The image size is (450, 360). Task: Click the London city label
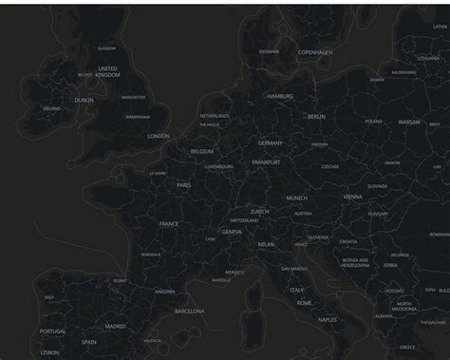(x=159, y=136)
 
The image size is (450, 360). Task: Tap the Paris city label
(x=183, y=185)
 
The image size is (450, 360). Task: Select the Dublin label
(x=84, y=100)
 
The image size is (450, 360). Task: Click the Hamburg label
(x=280, y=96)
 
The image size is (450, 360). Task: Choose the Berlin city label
(x=316, y=116)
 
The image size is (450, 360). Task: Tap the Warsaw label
(x=408, y=123)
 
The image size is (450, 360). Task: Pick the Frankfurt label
(x=266, y=162)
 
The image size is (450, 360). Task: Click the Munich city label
(x=296, y=198)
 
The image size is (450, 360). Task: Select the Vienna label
(x=352, y=197)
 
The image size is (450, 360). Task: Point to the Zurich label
(x=259, y=211)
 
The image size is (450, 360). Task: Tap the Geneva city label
(x=232, y=232)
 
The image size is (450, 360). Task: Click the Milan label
(x=266, y=244)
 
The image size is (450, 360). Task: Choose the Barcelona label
(x=190, y=311)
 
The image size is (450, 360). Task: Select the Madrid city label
(x=115, y=326)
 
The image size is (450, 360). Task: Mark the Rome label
(x=304, y=303)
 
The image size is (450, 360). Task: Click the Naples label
(x=328, y=320)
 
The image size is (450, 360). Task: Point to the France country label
(x=169, y=224)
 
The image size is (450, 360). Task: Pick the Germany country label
(x=271, y=142)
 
